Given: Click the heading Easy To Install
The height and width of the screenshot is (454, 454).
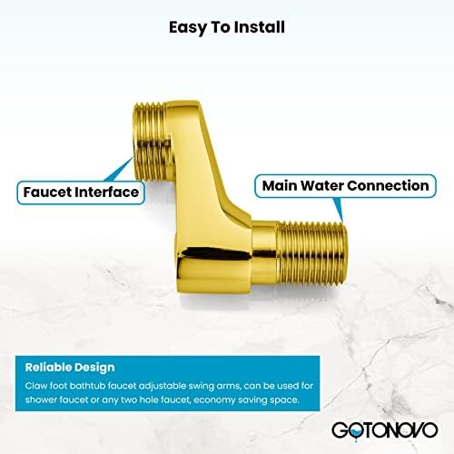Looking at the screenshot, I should pyautogui.click(x=226, y=26).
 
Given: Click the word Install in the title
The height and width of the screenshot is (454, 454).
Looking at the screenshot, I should pyautogui.click(x=261, y=26).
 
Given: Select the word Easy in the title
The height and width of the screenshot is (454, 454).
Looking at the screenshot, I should pyautogui.click(x=185, y=26).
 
